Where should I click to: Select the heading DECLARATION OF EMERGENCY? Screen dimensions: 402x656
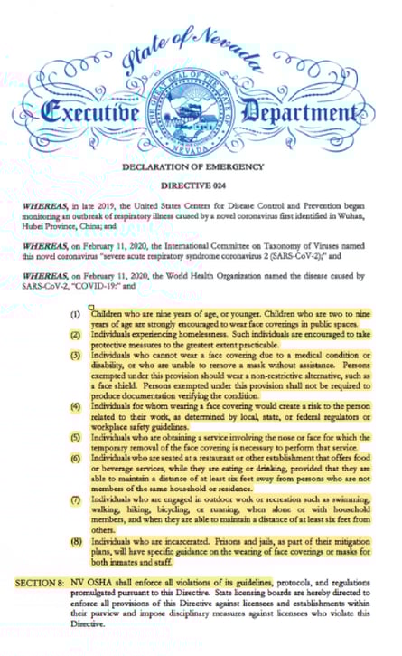click(201, 166)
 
